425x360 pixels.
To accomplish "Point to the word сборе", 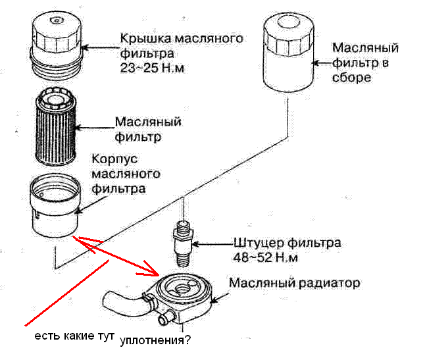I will tap(353, 77).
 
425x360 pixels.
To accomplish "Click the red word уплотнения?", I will tap(156, 342).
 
